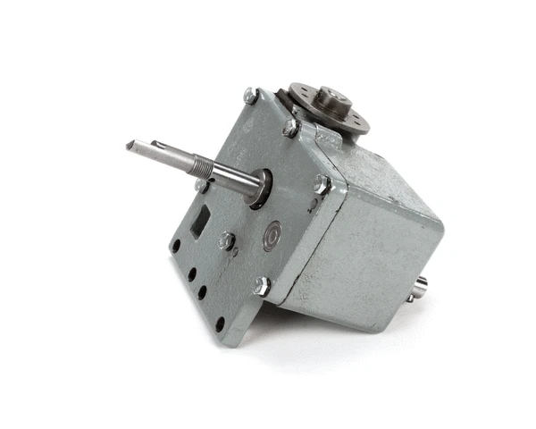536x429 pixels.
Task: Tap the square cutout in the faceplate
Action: pos(204,216)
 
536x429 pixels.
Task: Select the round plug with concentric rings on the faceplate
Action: pos(271,236)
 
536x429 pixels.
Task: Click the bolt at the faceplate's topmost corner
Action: pos(251,94)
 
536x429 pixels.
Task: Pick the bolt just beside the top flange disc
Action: pos(291,127)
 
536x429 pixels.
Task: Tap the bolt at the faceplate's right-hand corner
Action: pos(321,185)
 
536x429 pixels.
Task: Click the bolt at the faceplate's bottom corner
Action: pos(261,286)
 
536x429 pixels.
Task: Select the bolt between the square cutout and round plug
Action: pos(228,240)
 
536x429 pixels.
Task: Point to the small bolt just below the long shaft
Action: pos(202,186)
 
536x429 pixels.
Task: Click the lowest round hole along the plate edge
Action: pos(220,323)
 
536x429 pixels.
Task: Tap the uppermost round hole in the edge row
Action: pos(176,243)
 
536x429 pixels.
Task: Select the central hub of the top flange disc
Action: pos(331,96)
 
